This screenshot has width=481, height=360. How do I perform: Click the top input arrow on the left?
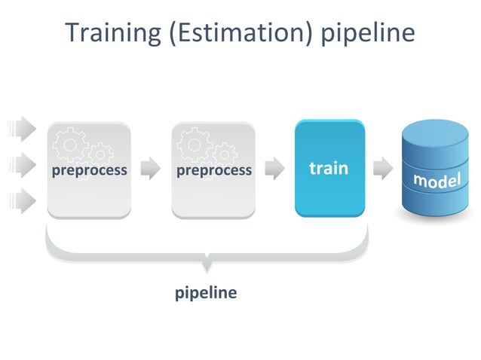pos(25,128)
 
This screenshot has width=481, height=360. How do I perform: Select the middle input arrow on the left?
pos(25,164)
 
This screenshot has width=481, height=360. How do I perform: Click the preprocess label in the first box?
pos(89,170)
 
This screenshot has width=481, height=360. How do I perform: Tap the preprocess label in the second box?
pos(214,170)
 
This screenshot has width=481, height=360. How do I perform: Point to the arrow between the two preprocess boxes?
pos(151,169)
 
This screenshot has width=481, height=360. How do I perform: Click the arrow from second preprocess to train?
pos(274,169)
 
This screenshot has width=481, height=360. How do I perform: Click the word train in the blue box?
pos(329,168)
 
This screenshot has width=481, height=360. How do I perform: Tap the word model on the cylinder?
pos(437,180)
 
